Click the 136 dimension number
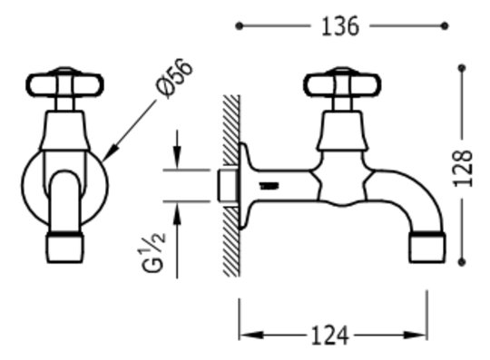(x=340, y=26)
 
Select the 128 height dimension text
(x=463, y=169)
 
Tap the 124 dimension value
(x=330, y=336)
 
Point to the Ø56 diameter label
(x=175, y=78)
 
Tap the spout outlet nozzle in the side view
(x=427, y=247)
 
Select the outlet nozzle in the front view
(x=65, y=248)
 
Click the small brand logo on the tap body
(x=269, y=187)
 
